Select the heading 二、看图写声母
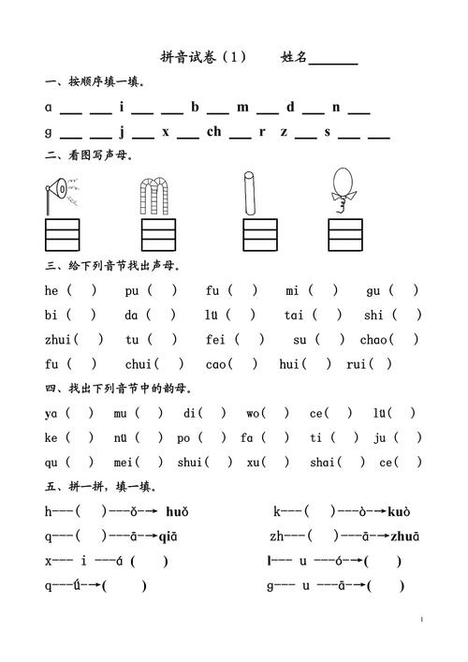[x=88, y=155]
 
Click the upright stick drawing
[x=250, y=193]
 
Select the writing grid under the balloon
[x=344, y=234]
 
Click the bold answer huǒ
[x=177, y=511]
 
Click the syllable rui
[x=356, y=364]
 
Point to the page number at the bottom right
[x=422, y=620]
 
